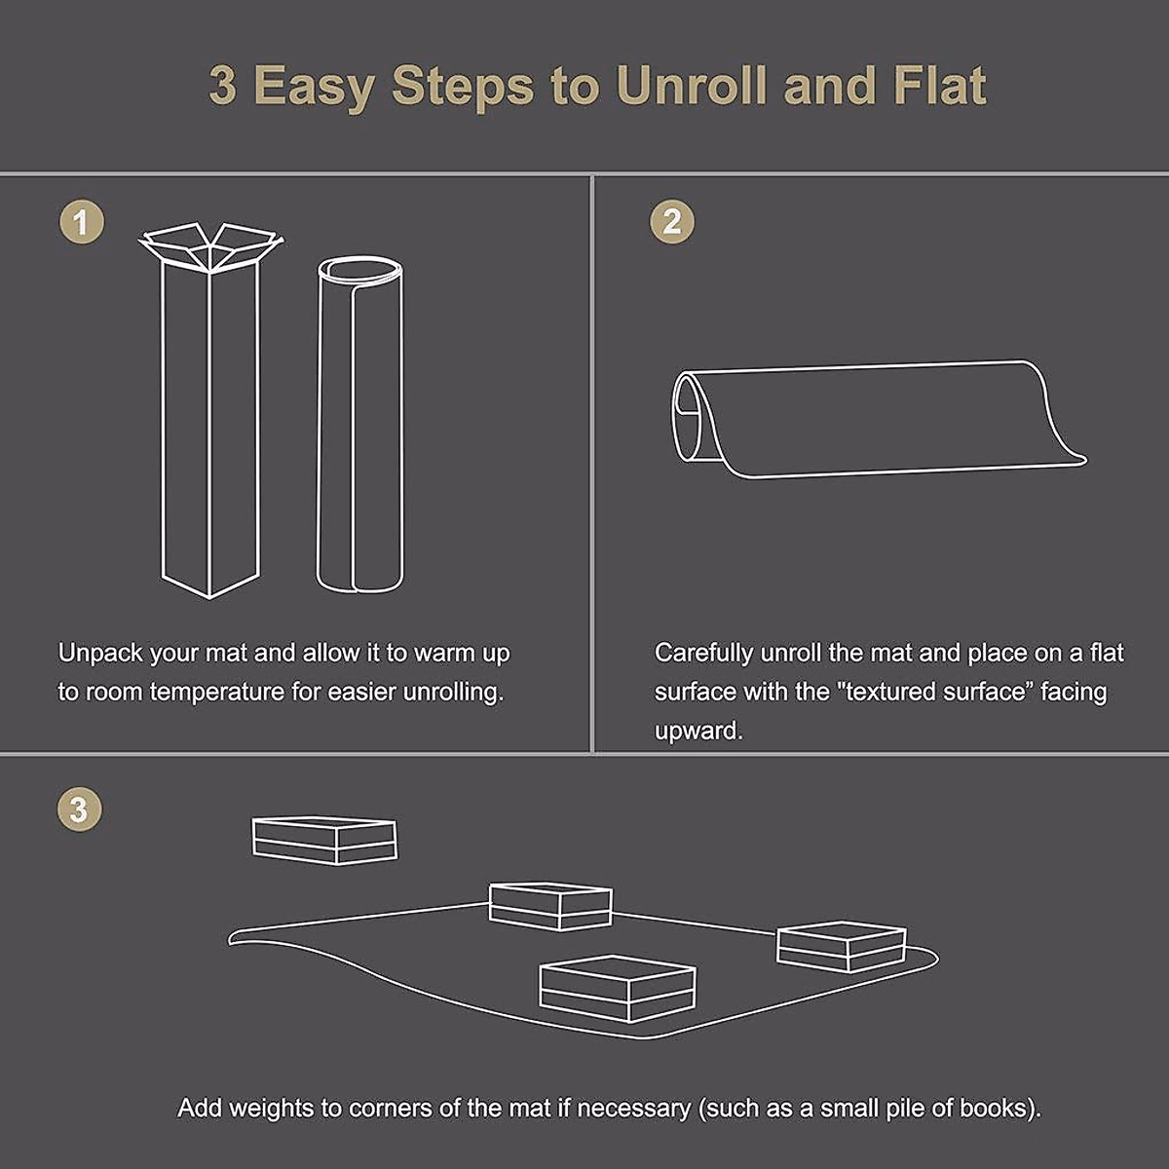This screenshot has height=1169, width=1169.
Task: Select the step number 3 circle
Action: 80,809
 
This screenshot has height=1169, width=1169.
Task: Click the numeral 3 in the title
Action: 223,86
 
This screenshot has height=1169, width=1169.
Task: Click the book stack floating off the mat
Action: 324,841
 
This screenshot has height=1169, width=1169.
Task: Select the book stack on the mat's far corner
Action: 550,906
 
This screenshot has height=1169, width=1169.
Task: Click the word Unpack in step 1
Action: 100,654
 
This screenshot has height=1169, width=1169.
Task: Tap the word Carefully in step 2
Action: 703,654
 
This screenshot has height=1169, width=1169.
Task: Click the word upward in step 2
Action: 698,732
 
